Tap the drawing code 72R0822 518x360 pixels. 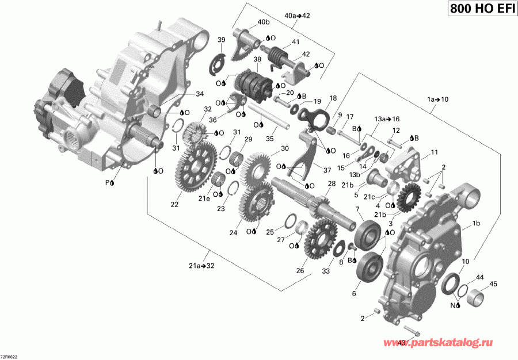(x=13, y=355)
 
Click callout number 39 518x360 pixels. (x=221, y=39)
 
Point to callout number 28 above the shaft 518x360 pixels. (x=331, y=183)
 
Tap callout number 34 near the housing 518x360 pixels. (x=199, y=94)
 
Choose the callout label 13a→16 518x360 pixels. (x=386, y=118)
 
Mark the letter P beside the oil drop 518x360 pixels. (x=106, y=182)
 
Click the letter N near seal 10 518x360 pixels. (x=452, y=304)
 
